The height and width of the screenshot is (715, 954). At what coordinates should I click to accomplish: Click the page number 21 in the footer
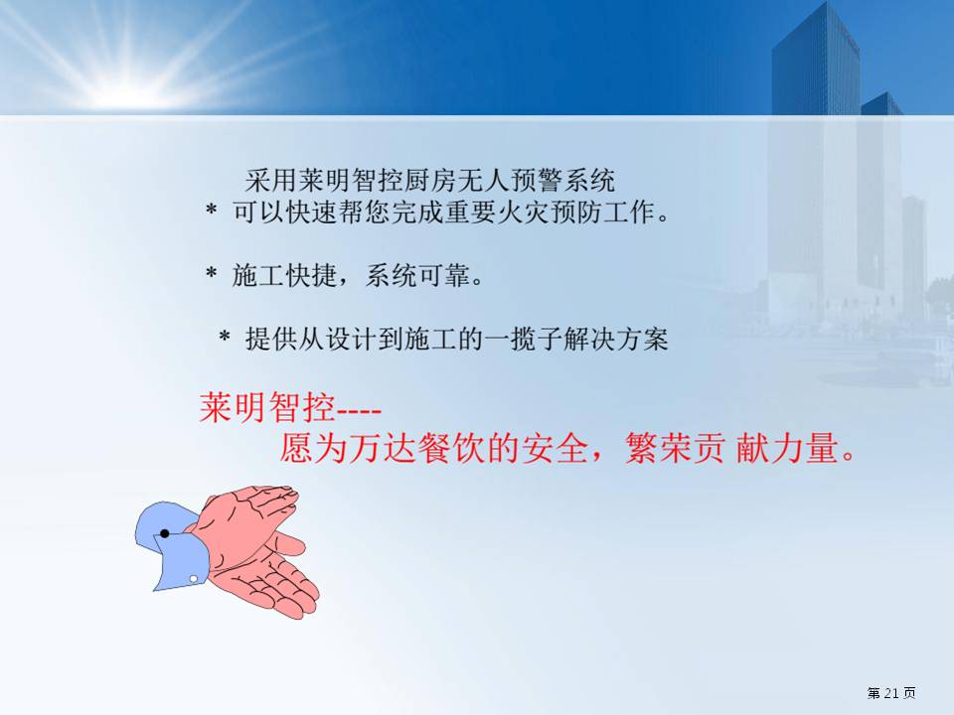[x=891, y=693]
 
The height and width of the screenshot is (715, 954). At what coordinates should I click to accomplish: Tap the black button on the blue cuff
[x=164, y=534]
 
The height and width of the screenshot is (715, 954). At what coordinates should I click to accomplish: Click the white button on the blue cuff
[x=194, y=579]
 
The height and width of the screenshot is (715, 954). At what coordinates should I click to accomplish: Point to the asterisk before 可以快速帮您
[x=211, y=211]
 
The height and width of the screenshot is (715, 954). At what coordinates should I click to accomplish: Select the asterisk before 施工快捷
[x=211, y=273]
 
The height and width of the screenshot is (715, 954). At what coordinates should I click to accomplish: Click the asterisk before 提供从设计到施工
[x=225, y=337]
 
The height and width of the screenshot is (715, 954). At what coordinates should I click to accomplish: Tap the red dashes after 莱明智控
[x=359, y=411]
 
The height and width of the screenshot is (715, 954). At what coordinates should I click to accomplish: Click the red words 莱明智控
[x=267, y=407]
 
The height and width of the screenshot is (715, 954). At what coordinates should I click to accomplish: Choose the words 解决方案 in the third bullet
[x=615, y=338]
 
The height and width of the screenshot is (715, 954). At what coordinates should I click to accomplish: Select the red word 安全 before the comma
[x=555, y=449]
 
